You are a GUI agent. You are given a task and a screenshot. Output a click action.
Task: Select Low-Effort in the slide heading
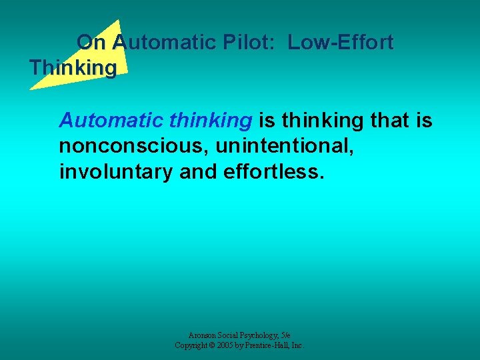(x=341, y=43)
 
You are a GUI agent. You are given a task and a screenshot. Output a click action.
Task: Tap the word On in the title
(x=91, y=43)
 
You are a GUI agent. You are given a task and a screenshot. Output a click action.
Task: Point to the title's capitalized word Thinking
(x=73, y=68)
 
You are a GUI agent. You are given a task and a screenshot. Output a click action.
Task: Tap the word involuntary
(x=117, y=171)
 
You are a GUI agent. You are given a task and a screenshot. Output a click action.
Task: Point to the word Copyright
(x=193, y=345)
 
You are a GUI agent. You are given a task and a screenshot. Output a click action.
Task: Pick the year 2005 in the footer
(x=231, y=345)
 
